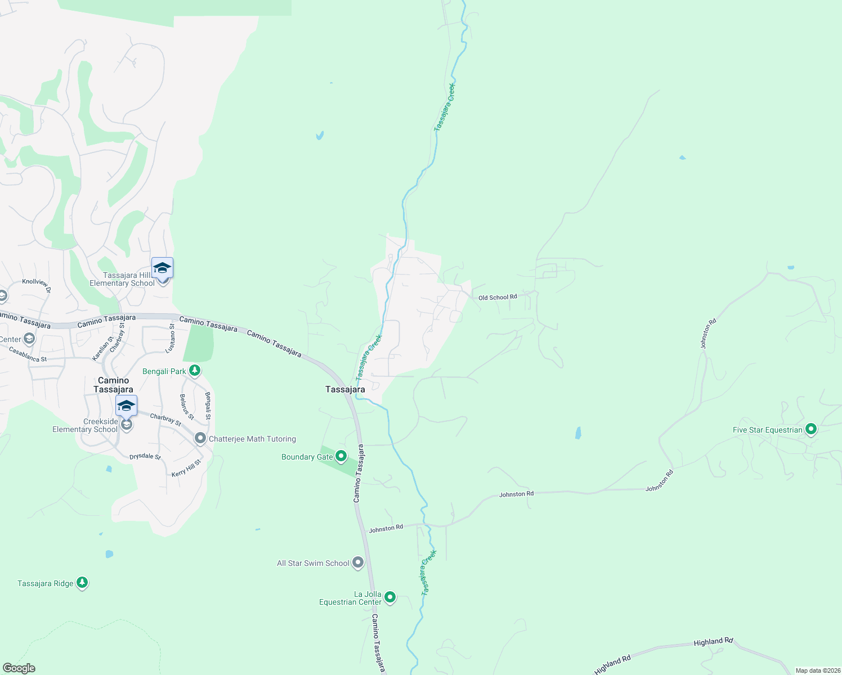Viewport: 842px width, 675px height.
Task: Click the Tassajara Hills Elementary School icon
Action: coord(162,268)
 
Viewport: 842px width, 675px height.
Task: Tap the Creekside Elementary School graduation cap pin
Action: coord(126,406)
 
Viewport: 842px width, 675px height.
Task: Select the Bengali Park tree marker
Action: coord(195,371)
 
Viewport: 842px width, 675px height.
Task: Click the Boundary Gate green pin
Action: coord(341,456)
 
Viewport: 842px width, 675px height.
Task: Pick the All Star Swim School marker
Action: coord(358,562)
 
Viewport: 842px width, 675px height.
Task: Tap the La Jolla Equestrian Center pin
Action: coord(390,597)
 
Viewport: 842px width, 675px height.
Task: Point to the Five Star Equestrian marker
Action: coord(811,429)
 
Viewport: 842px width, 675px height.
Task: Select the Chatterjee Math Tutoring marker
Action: coord(200,438)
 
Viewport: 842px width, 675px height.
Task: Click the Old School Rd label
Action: coord(498,297)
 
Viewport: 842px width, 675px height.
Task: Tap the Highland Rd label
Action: coord(713,642)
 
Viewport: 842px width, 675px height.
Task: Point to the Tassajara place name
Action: coord(345,389)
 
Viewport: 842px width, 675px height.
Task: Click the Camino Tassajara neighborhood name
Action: coord(113,385)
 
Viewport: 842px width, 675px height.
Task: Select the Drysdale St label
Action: coord(145,457)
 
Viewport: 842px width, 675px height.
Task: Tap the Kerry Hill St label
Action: coord(186,469)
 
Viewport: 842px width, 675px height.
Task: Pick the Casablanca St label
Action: coord(28,355)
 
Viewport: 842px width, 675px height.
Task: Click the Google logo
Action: coord(19,668)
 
